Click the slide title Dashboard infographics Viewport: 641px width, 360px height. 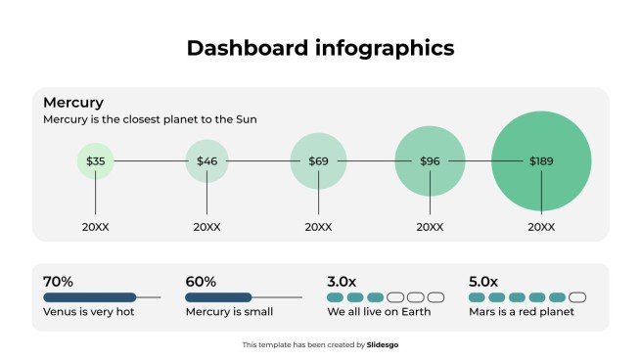(x=320, y=47)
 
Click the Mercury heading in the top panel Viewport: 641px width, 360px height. (x=73, y=102)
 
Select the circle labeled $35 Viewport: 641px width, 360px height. (x=96, y=160)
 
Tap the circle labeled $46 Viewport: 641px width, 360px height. (x=206, y=160)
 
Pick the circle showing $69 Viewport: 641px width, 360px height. (x=318, y=160)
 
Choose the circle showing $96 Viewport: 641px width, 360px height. (x=430, y=160)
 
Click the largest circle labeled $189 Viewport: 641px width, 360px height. (x=541, y=160)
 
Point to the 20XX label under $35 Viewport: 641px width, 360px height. (x=96, y=226)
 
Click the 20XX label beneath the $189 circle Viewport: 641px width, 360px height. (x=541, y=226)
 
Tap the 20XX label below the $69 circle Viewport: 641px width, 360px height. (x=318, y=226)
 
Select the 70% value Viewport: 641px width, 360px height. (x=59, y=281)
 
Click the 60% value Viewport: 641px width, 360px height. (x=201, y=281)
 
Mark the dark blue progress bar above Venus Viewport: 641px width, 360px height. (x=89, y=297)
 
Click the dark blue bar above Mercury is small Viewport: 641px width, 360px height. (x=218, y=297)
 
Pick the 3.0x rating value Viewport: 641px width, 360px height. (x=343, y=281)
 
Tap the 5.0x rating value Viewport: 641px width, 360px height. (x=484, y=281)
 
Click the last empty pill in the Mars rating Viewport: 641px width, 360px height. (x=577, y=297)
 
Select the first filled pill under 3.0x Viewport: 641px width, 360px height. (x=335, y=297)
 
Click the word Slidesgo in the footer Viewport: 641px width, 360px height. (x=382, y=344)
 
